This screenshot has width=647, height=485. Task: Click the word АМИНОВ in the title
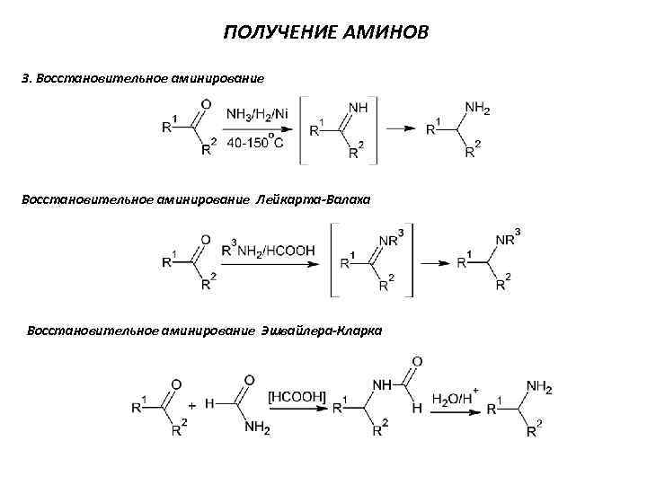pyautogui.click(x=388, y=33)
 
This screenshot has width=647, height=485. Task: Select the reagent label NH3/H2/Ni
pyautogui.click(x=258, y=114)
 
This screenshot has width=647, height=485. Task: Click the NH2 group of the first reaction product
pyautogui.click(x=477, y=109)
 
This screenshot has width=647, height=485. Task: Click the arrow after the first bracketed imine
pyautogui.click(x=400, y=129)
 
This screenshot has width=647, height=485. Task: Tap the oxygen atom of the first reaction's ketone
pyautogui.click(x=207, y=105)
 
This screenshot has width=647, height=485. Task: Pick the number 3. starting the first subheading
pyautogui.click(x=26, y=78)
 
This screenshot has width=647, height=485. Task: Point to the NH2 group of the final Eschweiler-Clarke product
pyautogui.click(x=539, y=387)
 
